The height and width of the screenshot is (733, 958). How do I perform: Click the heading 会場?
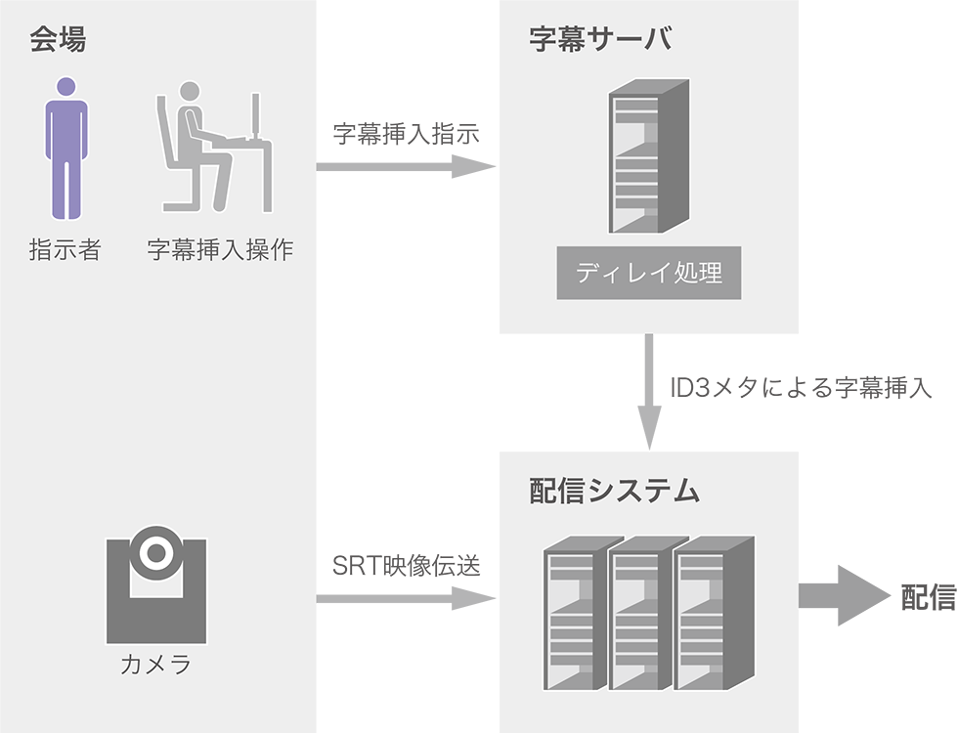pos(58,40)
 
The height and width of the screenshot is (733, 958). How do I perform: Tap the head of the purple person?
pos(66,87)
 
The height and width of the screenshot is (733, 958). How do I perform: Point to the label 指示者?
pos(65,250)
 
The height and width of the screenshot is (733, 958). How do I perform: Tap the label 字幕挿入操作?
pos(220,250)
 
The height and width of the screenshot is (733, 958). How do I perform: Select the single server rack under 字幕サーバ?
pos(648,156)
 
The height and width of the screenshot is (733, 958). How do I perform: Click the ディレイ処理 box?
pos(649,273)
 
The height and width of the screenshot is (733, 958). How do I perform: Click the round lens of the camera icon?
pos(155,553)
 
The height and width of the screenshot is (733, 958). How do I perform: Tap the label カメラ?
pos(155,667)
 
